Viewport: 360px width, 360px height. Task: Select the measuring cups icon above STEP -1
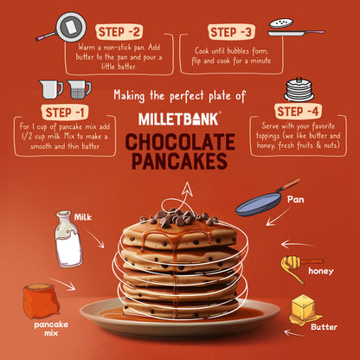click(65, 89)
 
